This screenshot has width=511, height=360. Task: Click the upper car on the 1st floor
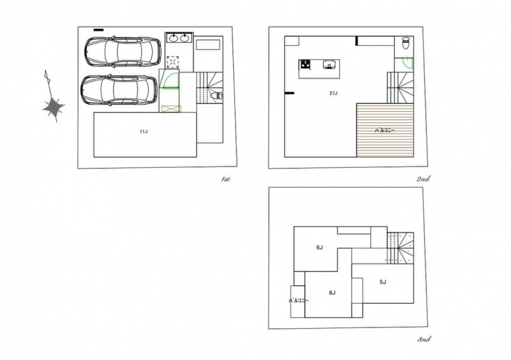coord(123,52)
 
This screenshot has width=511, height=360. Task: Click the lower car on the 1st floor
coord(119,90)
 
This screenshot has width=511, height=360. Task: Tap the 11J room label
coord(144,131)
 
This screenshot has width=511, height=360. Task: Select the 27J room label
coord(333,93)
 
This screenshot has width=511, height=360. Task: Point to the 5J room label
coord(383,282)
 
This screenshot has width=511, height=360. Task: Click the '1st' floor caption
coord(225,179)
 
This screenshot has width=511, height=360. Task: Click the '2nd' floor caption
coord(423,179)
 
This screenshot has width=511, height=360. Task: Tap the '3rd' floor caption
coord(424,339)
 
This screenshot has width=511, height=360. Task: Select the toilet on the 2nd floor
coord(406,43)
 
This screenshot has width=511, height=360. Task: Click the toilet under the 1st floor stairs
coord(216,96)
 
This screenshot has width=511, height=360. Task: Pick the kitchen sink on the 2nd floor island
coord(329,64)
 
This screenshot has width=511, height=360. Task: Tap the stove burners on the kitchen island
coord(305,64)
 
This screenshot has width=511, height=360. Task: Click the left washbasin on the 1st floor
coord(173,38)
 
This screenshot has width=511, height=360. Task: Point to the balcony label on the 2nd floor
coord(385,130)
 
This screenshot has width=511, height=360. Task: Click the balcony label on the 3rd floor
coord(298,301)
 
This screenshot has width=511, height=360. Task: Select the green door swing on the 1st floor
coord(171,80)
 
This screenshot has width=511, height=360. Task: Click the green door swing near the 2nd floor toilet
coord(408,63)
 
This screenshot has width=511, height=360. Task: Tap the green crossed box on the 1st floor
coord(171,109)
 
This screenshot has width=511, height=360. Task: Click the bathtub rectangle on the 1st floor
coord(208,45)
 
